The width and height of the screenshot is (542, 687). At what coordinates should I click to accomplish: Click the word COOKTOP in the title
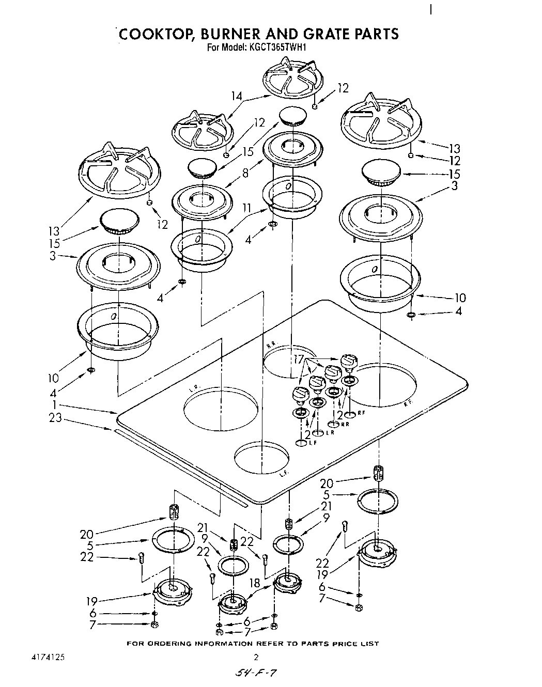(156, 34)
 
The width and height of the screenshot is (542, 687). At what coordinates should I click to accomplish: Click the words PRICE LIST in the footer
(357, 644)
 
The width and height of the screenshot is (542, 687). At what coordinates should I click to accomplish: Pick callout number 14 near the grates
(237, 96)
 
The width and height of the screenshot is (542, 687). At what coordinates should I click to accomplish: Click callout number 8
(245, 174)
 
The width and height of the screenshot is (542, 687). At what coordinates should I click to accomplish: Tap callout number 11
(247, 209)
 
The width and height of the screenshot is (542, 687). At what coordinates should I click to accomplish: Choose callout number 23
(55, 418)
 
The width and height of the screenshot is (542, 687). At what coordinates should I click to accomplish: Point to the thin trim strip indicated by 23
(181, 463)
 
